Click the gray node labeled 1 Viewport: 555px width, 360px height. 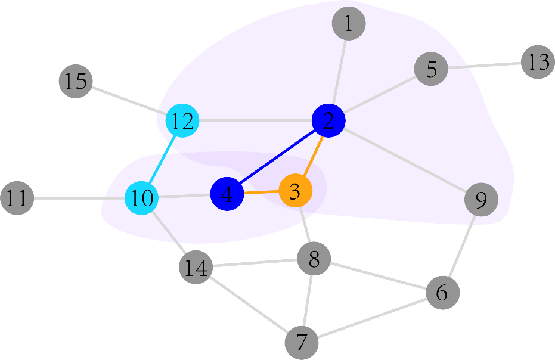coord(348,24)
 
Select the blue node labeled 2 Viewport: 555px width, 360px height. coord(328,121)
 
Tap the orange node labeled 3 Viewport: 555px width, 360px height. coord(296,191)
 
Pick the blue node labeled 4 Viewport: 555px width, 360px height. coord(227,194)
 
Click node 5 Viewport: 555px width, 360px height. coord(431,69)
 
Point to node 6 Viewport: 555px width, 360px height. coord(443,293)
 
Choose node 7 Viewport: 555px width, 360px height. coord(302,343)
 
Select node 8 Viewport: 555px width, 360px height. coord(314,259)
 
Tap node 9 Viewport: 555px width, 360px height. coord(481,199)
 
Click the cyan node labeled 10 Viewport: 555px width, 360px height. coord(141,198)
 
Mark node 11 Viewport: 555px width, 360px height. coord(17,198)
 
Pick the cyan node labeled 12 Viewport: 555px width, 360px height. coord(181,121)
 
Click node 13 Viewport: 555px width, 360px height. coord(538,62)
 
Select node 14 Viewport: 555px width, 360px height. coord(196,268)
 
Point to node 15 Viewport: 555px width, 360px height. coord(76,81)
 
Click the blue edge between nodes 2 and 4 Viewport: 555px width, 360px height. coord(278,157)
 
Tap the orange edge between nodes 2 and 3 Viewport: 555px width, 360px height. coord(312,156)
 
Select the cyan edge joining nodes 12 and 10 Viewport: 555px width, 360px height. coord(161,160)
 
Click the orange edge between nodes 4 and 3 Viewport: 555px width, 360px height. coord(261,193)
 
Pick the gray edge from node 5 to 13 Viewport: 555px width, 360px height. coord(484,66)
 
